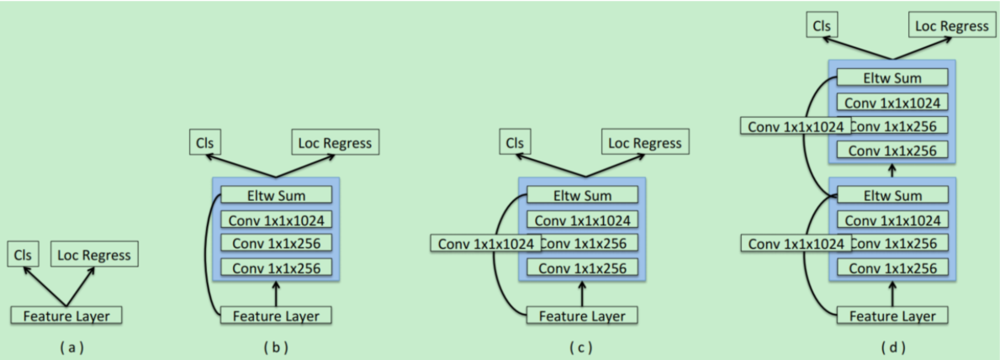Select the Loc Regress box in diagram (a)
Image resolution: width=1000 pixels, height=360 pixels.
coord(93,253)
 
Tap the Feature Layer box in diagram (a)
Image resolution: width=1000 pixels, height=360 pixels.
coord(66,316)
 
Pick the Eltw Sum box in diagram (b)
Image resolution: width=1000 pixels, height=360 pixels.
coord(277,196)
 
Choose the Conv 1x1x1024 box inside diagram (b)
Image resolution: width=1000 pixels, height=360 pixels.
coord(277,220)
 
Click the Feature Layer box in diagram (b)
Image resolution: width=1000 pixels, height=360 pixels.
coord(276,316)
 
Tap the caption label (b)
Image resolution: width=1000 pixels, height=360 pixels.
coord(276,346)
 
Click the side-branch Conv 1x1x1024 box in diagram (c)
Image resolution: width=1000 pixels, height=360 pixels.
coord(484,244)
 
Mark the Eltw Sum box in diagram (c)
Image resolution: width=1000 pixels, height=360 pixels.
coord(582,196)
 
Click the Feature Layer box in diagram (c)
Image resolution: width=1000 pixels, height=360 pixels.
coord(582,316)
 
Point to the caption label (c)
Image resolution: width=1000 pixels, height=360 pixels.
coord(582,346)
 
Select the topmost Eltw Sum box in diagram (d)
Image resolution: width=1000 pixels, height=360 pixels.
coord(892,78)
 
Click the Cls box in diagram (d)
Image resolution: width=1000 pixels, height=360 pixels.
coord(820,26)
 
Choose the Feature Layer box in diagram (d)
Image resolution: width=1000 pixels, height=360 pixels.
coord(892,316)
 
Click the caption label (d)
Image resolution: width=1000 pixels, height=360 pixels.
coord(892,346)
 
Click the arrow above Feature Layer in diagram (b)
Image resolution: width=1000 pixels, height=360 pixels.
coord(276,294)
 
